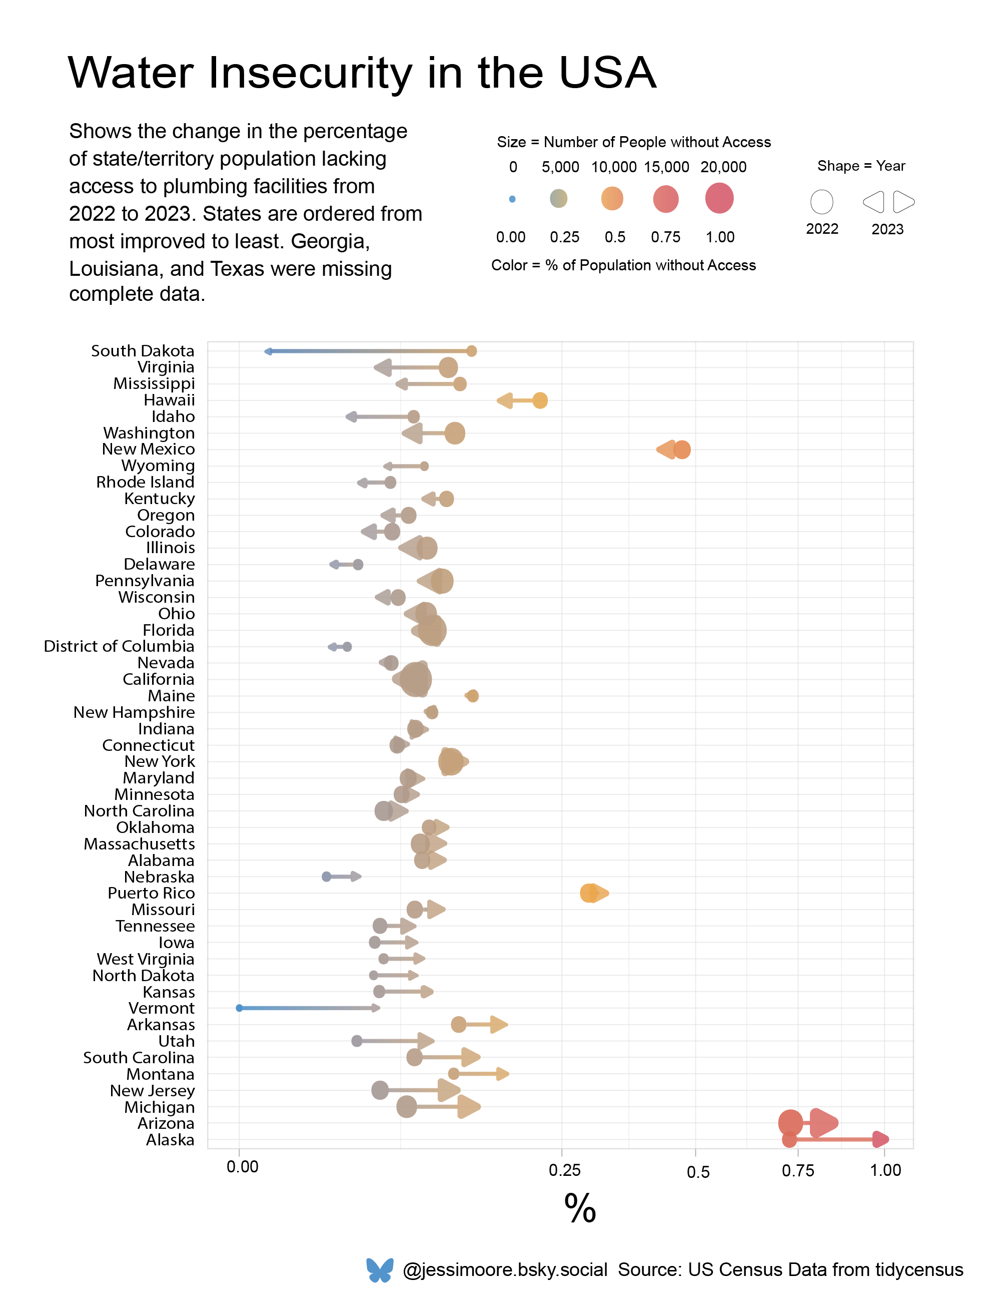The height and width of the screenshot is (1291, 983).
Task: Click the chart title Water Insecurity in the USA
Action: click(362, 73)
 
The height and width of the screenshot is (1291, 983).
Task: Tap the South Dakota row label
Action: click(142, 351)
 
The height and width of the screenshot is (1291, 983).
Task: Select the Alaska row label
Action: click(170, 1140)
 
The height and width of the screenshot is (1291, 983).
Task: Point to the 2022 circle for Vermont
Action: click(239, 1008)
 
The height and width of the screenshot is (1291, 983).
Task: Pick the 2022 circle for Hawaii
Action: click(539, 400)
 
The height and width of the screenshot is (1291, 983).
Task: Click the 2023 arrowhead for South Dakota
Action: click(269, 351)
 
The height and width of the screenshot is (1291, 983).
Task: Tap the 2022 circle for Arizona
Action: click(790, 1122)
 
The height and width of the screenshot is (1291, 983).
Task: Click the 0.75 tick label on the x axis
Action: click(797, 1170)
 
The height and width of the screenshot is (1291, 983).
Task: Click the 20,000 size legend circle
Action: click(719, 198)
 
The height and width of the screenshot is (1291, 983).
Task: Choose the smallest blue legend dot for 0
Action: click(512, 199)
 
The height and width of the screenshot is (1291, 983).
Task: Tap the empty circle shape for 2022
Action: click(821, 202)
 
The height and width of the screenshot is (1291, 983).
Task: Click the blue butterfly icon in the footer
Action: click(380, 1269)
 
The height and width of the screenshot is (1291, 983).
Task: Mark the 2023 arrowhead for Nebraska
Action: click(355, 877)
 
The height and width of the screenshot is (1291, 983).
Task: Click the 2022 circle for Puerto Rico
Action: click(589, 894)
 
